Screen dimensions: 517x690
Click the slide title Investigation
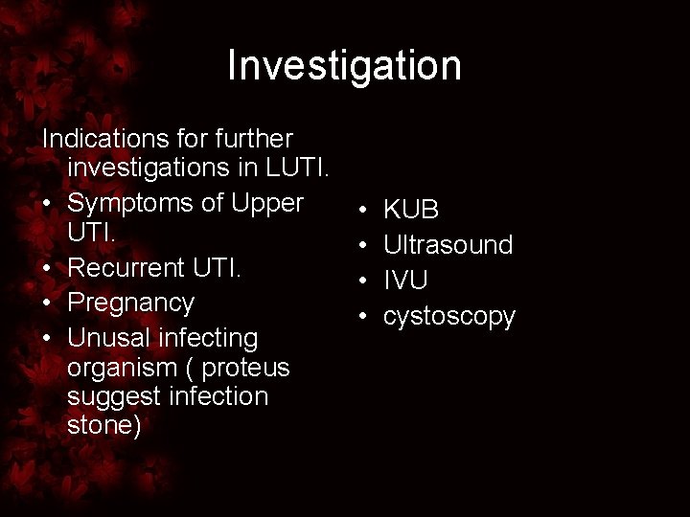[x=345, y=66]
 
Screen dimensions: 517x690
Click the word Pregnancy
[x=130, y=303]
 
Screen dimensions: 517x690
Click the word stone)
[x=104, y=426]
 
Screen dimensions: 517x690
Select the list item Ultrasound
[x=448, y=245]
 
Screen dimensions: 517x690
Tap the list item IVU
[x=405, y=280]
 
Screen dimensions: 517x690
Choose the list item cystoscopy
[x=448, y=315]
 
